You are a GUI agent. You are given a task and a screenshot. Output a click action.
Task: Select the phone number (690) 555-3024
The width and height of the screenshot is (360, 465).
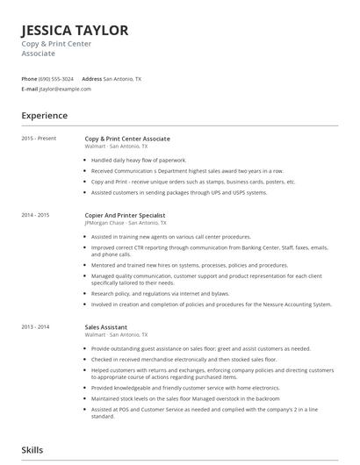(x=57, y=79)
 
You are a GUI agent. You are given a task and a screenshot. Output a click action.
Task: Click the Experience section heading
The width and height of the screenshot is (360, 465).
(x=44, y=115)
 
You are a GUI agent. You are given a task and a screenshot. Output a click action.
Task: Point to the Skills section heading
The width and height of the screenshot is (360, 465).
(x=32, y=450)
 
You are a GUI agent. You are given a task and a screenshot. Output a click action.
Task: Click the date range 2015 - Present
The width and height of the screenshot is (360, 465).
(x=39, y=139)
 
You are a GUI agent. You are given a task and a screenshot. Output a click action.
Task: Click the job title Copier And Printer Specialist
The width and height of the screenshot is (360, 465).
(x=125, y=215)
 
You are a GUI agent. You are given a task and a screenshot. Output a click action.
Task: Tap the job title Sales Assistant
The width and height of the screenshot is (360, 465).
(x=107, y=326)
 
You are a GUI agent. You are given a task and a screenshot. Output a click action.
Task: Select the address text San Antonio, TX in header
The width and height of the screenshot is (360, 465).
(x=122, y=79)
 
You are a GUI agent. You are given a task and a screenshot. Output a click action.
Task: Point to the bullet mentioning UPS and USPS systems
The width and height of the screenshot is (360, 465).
(x=178, y=192)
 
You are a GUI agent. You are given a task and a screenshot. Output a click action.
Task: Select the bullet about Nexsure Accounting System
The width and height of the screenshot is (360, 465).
(x=211, y=304)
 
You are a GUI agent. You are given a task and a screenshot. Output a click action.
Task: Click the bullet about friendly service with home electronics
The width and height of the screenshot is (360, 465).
(x=185, y=387)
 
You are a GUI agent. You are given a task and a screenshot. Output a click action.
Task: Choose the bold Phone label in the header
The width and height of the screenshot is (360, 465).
(x=29, y=79)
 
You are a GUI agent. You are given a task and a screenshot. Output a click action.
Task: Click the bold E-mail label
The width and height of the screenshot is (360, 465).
(x=30, y=89)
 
